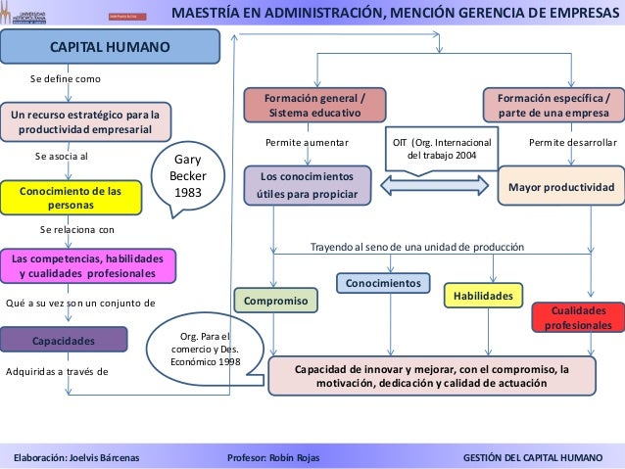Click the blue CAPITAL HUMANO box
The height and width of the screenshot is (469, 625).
tap(110, 48)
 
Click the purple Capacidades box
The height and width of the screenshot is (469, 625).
tap(64, 341)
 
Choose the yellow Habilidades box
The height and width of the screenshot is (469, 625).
tap(484, 294)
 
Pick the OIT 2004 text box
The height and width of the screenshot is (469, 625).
tap(442, 149)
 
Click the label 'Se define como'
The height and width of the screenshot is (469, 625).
tap(66, 77)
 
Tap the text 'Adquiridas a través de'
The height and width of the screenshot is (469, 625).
tap(57, 372)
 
